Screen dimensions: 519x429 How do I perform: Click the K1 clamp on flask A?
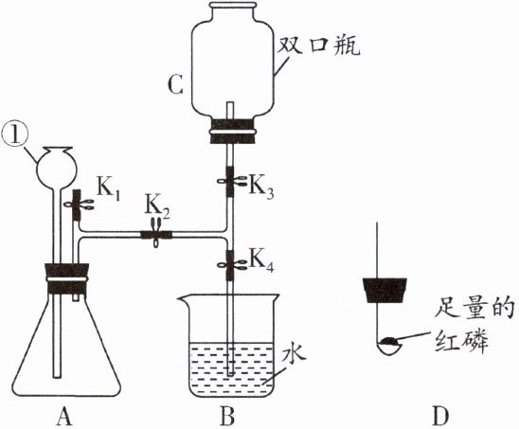coord(78,205)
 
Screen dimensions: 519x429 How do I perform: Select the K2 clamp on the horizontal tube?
coord(156,234)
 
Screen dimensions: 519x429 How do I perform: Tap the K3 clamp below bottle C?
coord(230,181)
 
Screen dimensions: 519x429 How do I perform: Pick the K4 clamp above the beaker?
coord(230,265)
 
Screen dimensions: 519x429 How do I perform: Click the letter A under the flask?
coord(63,416)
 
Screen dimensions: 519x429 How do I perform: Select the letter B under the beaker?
coord(227,416)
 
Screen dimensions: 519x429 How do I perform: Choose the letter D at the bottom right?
coord(440,416)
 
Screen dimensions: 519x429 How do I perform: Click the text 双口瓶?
coord(318,46)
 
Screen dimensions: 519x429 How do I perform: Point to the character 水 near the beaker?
coord(294,354)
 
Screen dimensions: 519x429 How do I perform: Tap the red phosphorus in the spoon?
coord(389,341)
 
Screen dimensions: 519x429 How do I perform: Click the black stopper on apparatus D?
coord(385,291)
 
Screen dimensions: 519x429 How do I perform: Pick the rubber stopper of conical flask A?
coord(67,278)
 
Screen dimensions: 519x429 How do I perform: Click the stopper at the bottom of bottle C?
coord(232,132)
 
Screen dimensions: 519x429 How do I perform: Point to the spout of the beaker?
coord(182,299)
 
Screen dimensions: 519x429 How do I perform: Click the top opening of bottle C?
coord(234,5)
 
